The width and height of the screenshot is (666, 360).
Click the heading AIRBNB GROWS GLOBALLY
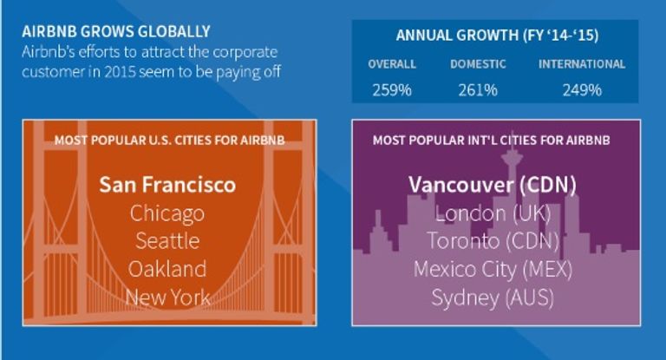click(116, 31)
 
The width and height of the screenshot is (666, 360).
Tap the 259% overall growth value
click(392, 90)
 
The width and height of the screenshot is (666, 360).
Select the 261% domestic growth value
click(478, 90)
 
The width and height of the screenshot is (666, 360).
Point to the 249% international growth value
click(582, 90)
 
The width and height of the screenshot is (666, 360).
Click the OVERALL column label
click(392, 64)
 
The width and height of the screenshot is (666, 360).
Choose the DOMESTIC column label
click(478, 64)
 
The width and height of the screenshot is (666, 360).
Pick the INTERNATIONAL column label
click(582, 64)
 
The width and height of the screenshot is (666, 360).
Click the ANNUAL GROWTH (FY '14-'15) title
click(497, 35)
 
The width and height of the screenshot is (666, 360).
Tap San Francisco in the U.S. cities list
click(167, 185)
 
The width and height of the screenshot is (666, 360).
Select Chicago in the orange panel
click(167, 213)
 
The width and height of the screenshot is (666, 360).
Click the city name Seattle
click(167, 241)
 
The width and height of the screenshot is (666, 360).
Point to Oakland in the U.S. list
click(167, 269)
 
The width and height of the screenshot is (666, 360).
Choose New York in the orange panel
click(167, 297)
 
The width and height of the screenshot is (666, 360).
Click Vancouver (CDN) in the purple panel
click(493, 185)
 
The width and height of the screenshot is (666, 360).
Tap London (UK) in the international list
click(493, 213)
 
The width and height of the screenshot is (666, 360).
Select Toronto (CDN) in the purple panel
click(493, 241)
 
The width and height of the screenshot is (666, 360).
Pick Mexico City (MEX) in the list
click(493, 270)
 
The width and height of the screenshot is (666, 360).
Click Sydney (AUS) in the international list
click(493, 298)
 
